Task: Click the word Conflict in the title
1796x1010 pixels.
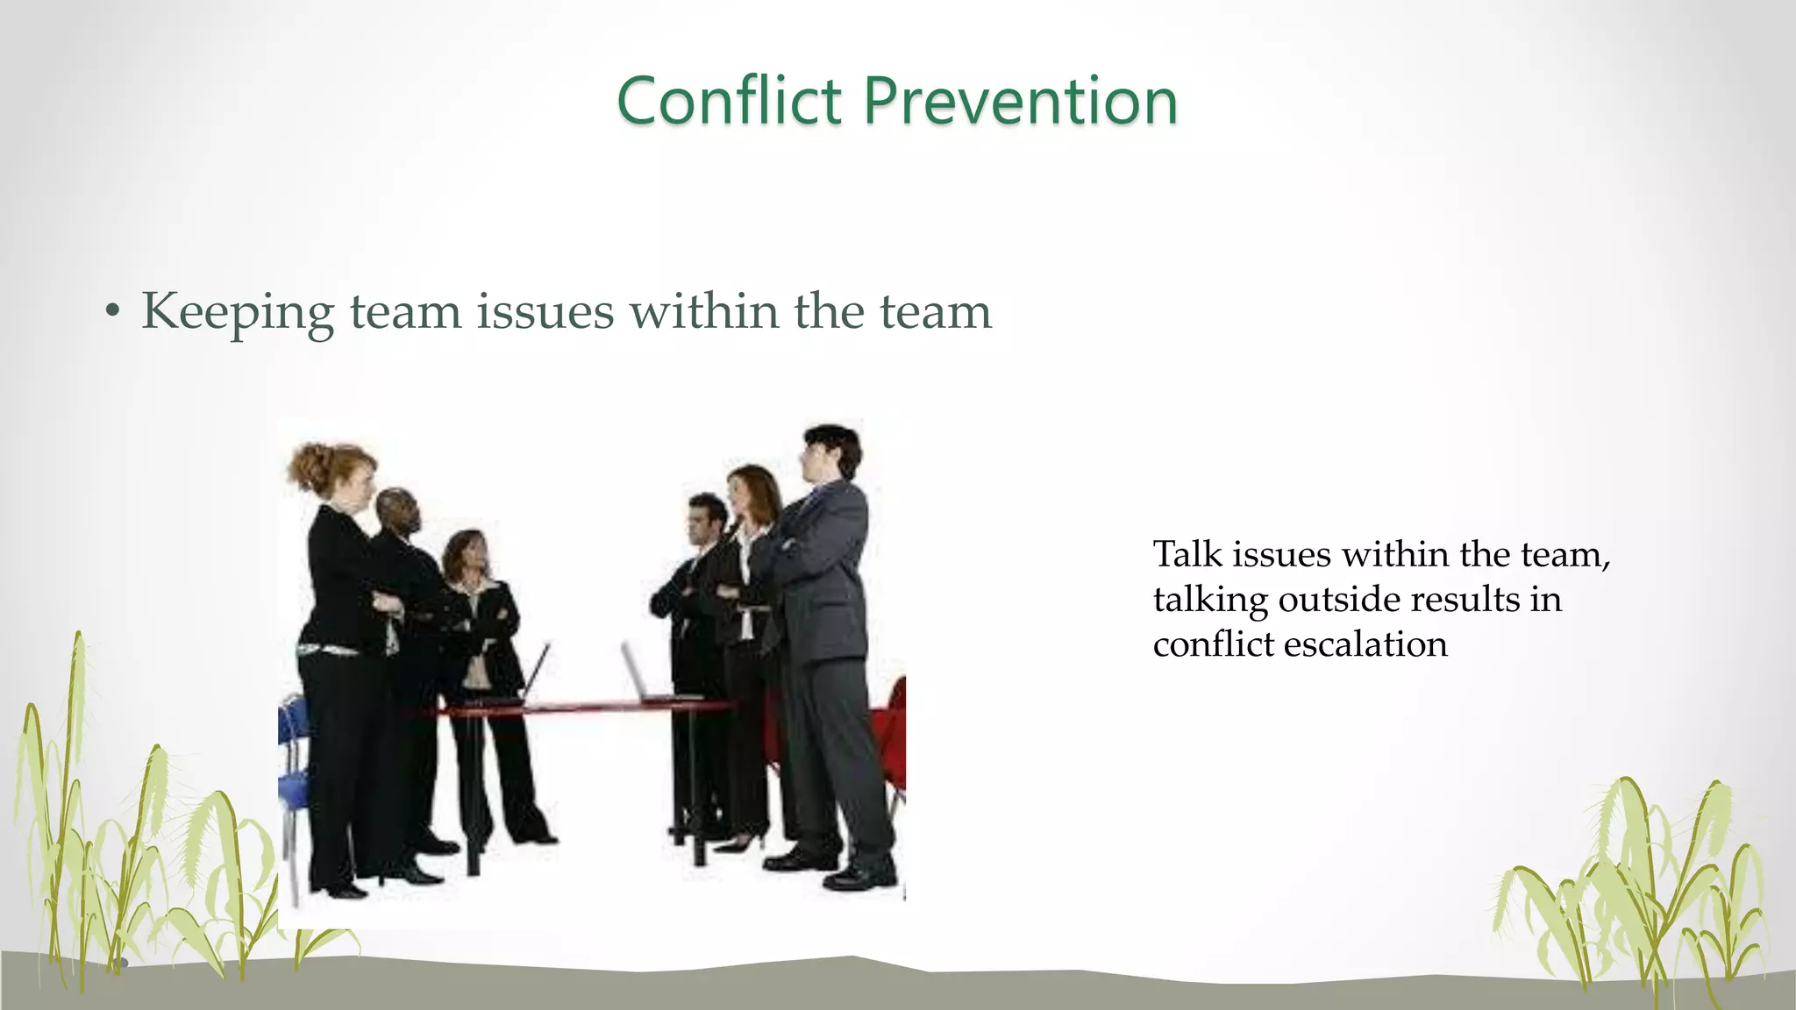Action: [729, 101]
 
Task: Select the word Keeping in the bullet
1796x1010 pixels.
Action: [238, 312]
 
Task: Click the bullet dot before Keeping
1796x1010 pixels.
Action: [111, 312]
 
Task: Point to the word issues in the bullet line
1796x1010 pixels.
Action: [545, 312]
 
